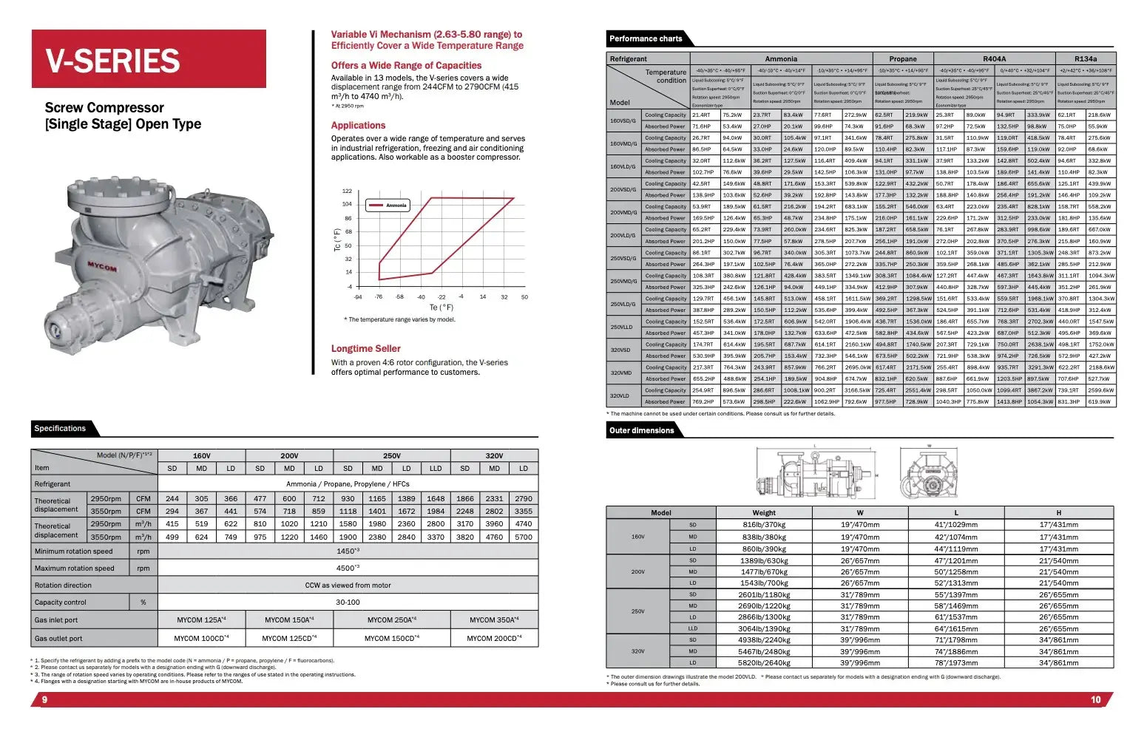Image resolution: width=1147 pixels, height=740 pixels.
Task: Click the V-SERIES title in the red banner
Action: (112, 61)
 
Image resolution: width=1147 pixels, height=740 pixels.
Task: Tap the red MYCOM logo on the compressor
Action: (102, 266)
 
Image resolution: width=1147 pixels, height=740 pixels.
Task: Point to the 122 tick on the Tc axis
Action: (347, 191)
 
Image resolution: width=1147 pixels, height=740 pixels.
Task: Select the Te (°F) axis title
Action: (441, 308)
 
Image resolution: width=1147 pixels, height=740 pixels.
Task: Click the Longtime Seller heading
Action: (365, 349)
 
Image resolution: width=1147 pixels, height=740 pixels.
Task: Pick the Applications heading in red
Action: (358, 126)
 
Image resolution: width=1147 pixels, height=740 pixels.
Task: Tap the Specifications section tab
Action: (60, 429)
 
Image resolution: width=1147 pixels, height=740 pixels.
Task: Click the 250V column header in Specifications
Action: (391, 456)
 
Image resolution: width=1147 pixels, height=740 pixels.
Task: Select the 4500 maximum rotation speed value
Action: (348, 568)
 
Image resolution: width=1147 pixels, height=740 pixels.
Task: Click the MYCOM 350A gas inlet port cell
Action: (494, 620)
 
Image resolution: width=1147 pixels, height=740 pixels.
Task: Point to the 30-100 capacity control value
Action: (348, 602)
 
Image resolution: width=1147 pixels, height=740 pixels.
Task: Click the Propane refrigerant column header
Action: (902, 59)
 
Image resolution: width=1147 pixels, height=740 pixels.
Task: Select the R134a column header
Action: (1085, 59)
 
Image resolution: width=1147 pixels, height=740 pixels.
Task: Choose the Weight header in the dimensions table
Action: (764, 512)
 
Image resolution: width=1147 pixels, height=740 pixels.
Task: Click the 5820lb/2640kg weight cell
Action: (764, 663)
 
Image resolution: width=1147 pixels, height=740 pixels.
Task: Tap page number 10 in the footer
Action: (1095, 700)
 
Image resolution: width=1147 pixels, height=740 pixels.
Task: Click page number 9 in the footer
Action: (44, 700)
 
